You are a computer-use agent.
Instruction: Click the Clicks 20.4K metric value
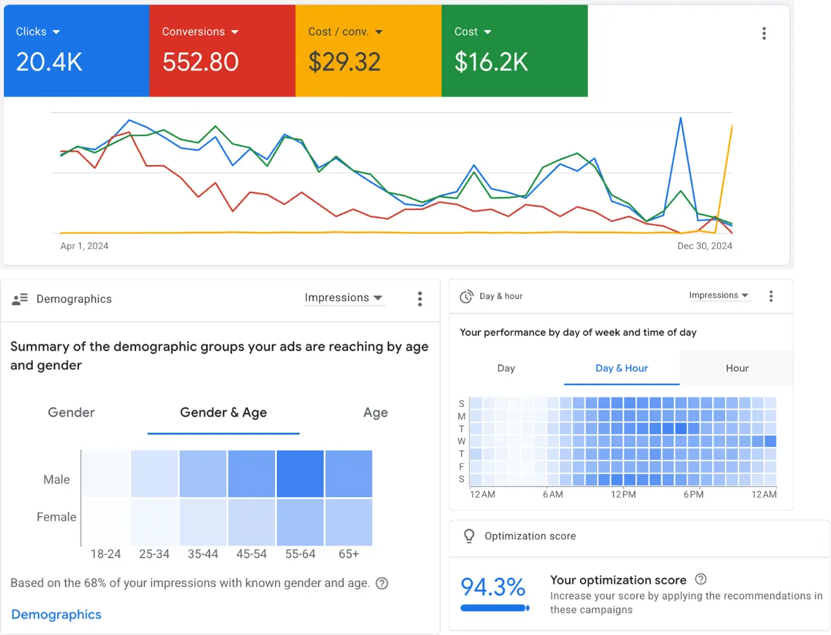coord(49,62)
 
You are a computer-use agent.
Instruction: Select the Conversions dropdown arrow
coord(234,32)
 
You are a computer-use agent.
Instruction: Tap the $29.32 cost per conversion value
coord(344,62)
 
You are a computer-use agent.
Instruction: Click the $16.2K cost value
coord(491,62)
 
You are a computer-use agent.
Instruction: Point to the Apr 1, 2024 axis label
coord(84,246)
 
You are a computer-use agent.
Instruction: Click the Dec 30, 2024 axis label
coord(704,246)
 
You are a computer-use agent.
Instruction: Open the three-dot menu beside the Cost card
coord(764,33)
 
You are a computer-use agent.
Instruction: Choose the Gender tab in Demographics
coord(71,412)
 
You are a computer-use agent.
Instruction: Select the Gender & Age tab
coord(223,412)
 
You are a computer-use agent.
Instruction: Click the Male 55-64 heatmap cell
coord(300,474)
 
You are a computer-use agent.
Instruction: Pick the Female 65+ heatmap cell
coord(349,522)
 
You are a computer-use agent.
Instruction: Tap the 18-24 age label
coord(105,554)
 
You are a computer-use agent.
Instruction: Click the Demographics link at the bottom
coord(57,614)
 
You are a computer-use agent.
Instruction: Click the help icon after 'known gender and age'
coord(382,583)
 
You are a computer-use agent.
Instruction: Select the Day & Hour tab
coord(622,368)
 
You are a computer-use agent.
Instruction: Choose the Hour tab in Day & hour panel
coord(737,368)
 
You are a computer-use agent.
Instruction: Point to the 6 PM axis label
coord(694,494)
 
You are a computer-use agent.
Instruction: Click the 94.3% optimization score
coord(493,587)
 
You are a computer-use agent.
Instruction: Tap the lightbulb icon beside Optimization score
coord(469,536)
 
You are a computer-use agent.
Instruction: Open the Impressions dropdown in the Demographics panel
coord(344,298)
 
